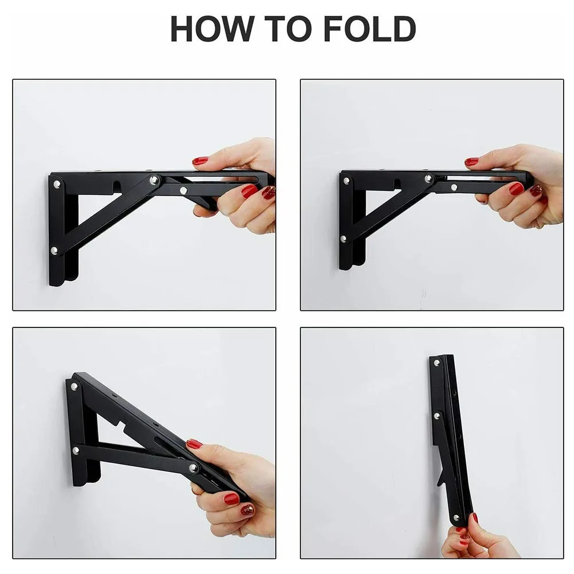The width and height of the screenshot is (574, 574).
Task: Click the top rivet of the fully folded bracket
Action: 437,363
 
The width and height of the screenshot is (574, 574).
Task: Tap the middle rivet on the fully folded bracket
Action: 437,415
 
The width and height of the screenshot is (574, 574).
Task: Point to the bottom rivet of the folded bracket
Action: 456,518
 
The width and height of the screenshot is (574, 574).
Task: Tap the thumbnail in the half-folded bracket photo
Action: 194,444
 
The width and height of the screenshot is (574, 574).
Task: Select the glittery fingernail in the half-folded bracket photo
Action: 247,509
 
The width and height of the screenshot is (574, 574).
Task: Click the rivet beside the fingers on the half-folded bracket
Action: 194,468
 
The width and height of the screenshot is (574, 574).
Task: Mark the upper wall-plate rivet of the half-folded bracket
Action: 74,386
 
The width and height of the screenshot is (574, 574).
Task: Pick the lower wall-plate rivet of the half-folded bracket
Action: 75,451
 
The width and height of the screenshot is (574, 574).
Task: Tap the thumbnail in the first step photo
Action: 200,161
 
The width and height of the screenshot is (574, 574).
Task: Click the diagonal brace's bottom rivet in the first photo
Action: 54,251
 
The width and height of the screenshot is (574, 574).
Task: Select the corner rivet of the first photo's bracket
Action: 56,185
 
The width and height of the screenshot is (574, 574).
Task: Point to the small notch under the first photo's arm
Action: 116,186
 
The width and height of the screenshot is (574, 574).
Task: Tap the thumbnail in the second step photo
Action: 471,162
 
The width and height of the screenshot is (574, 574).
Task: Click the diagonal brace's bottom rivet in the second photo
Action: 343,239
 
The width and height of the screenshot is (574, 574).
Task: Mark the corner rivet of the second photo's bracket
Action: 346,180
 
